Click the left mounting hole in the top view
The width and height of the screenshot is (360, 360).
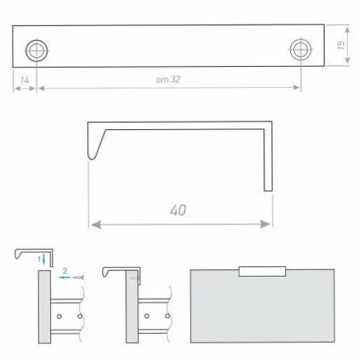(37, 51)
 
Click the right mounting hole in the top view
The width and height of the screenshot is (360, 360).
(300, 49)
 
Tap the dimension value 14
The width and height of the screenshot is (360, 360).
(25, 80)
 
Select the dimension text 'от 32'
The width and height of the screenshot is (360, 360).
(168, 79)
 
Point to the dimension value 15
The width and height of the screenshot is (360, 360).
(340, 45)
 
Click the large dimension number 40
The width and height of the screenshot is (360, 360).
(178, 210)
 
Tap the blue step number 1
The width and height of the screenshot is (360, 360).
(39, 259)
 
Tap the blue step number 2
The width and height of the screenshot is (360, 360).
(65, 271)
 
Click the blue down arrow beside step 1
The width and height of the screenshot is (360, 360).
(44, 260)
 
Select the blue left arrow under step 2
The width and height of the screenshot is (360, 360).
(64, 277)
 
